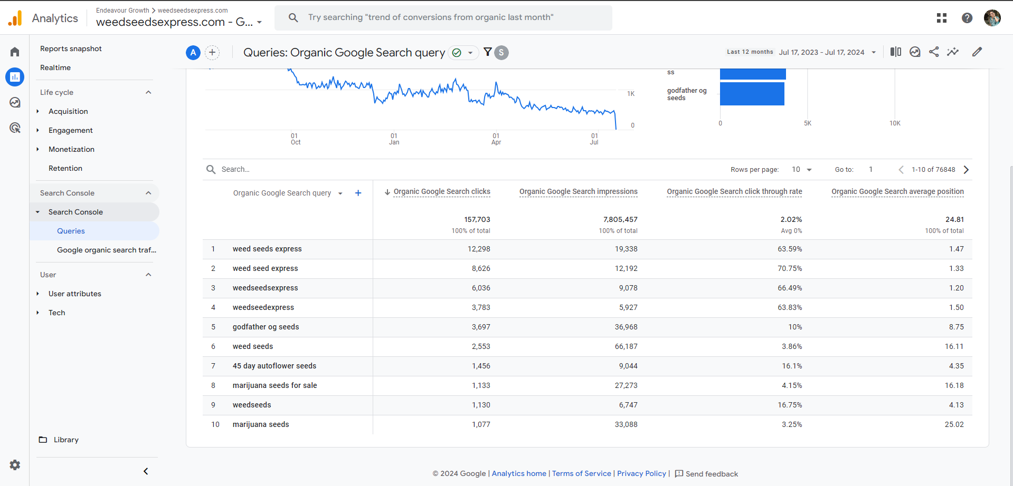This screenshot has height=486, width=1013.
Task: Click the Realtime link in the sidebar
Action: [55, 67]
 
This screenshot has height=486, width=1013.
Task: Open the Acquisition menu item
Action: [68, 111]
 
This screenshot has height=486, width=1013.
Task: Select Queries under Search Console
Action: [71, 231]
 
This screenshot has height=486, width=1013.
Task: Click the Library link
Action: [66, 440]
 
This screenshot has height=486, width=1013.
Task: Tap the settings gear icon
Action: [15, 465]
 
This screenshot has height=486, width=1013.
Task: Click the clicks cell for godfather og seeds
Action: [481, 327]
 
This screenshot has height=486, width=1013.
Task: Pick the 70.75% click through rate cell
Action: [789, 268]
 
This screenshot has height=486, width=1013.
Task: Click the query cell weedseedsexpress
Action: [265, 288]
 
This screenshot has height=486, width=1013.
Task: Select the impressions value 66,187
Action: [626, 346]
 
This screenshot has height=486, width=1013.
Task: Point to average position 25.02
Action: [954, 424]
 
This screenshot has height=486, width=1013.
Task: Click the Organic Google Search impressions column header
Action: [578, 191]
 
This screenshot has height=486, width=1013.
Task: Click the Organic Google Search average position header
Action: [897, 191]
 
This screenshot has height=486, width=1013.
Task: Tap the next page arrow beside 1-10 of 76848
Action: [966, 170]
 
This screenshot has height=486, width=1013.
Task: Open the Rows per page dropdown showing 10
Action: [801, 170]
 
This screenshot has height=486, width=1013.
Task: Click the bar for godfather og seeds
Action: [752, 94]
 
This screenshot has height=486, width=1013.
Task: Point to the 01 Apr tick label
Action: [496, 139]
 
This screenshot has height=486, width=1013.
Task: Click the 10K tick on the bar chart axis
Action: [895, 123]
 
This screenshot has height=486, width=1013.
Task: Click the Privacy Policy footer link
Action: [641, 473]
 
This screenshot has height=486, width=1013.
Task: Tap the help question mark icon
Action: [967, 18]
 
